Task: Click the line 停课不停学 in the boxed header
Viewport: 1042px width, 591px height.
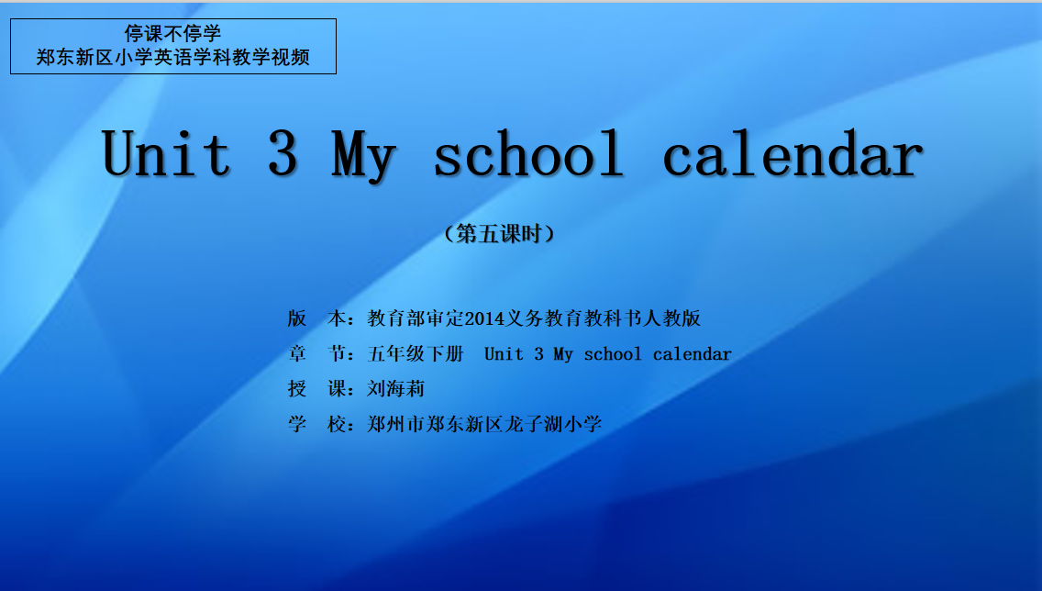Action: [x=172, y=33]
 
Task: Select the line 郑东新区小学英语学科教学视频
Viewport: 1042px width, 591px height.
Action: [x=172, y=57]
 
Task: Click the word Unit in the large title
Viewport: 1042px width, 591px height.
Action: [x=166, y=153]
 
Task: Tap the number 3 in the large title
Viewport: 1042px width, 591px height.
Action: [x=283, y=153]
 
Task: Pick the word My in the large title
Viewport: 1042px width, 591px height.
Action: [x=364, y=157]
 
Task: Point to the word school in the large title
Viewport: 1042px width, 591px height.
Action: [x=529, y=153]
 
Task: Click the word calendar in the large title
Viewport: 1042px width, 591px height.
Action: [x=793, y=153]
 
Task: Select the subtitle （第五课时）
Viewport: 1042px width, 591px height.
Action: [x=499, y=234]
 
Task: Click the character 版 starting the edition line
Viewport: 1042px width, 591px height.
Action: [x=297, y=318]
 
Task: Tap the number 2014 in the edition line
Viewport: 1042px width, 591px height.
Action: [x=484, y=319]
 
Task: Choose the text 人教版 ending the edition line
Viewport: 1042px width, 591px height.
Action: [x=671, y=318]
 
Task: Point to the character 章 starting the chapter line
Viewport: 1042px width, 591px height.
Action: [x=297, y=353]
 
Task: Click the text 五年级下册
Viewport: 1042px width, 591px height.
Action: [x=416, y=353]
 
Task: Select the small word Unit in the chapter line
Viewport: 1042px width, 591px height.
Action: [x=504, y=354]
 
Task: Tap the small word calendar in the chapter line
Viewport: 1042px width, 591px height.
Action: [x=692, y=354]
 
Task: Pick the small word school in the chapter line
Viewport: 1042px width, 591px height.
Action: [x=613, y=354]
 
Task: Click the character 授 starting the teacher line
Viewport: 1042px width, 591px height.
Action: [x=297, y=389]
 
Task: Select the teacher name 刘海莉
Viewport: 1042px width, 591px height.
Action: [x=396, y=389]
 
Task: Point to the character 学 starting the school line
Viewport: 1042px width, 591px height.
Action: [x=297, y=424]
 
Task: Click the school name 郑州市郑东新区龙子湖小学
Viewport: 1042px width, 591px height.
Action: [x=484, y=424]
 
